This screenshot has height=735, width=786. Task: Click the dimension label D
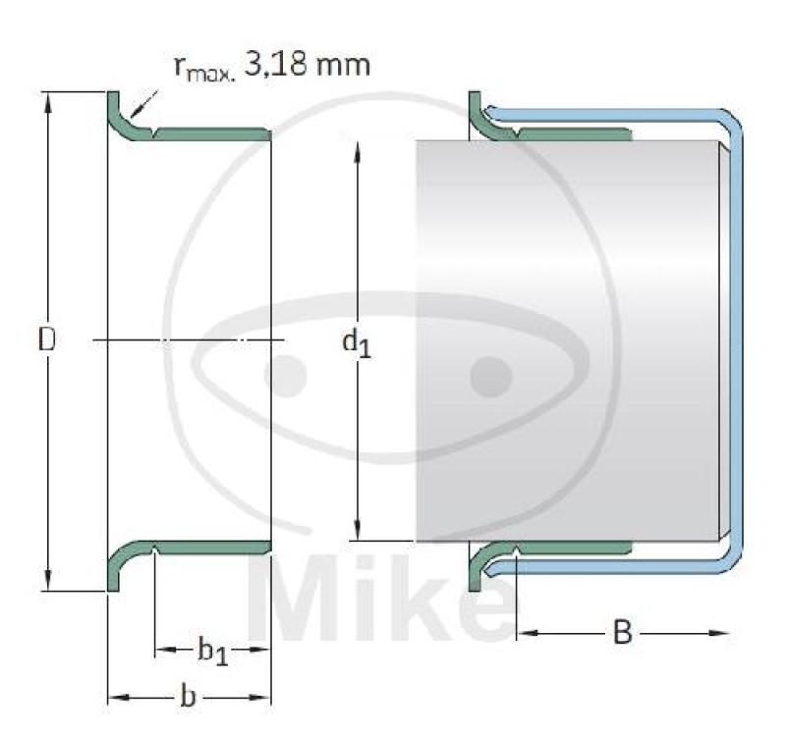[46, 340]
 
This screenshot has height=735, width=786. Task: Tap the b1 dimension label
[213, 651]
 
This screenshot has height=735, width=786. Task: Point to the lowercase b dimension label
[188, 698]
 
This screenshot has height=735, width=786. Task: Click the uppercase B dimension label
[622, 634]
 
